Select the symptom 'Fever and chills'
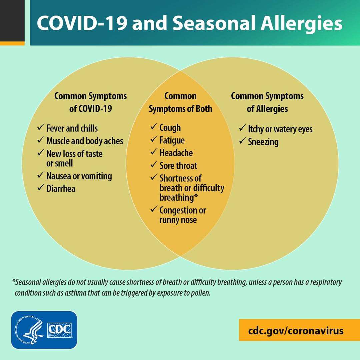coord(72,128)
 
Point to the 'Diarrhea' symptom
coord(61,188)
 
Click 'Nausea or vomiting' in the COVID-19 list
coord(79,176)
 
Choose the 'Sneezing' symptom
coord(263,142)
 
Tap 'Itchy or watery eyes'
coord(280,129)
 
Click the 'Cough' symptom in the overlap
coord(170,128)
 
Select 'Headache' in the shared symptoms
coord(176,153)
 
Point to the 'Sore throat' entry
coord(178,166)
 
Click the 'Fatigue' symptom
coord(172,140)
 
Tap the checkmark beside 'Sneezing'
coord(242,141)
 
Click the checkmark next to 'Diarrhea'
coord(41,188)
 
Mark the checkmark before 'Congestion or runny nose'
coord(154,209)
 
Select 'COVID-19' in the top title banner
coord(82,23)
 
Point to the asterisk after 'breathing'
coord(196,196)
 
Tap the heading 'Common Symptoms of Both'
coord(180,102)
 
